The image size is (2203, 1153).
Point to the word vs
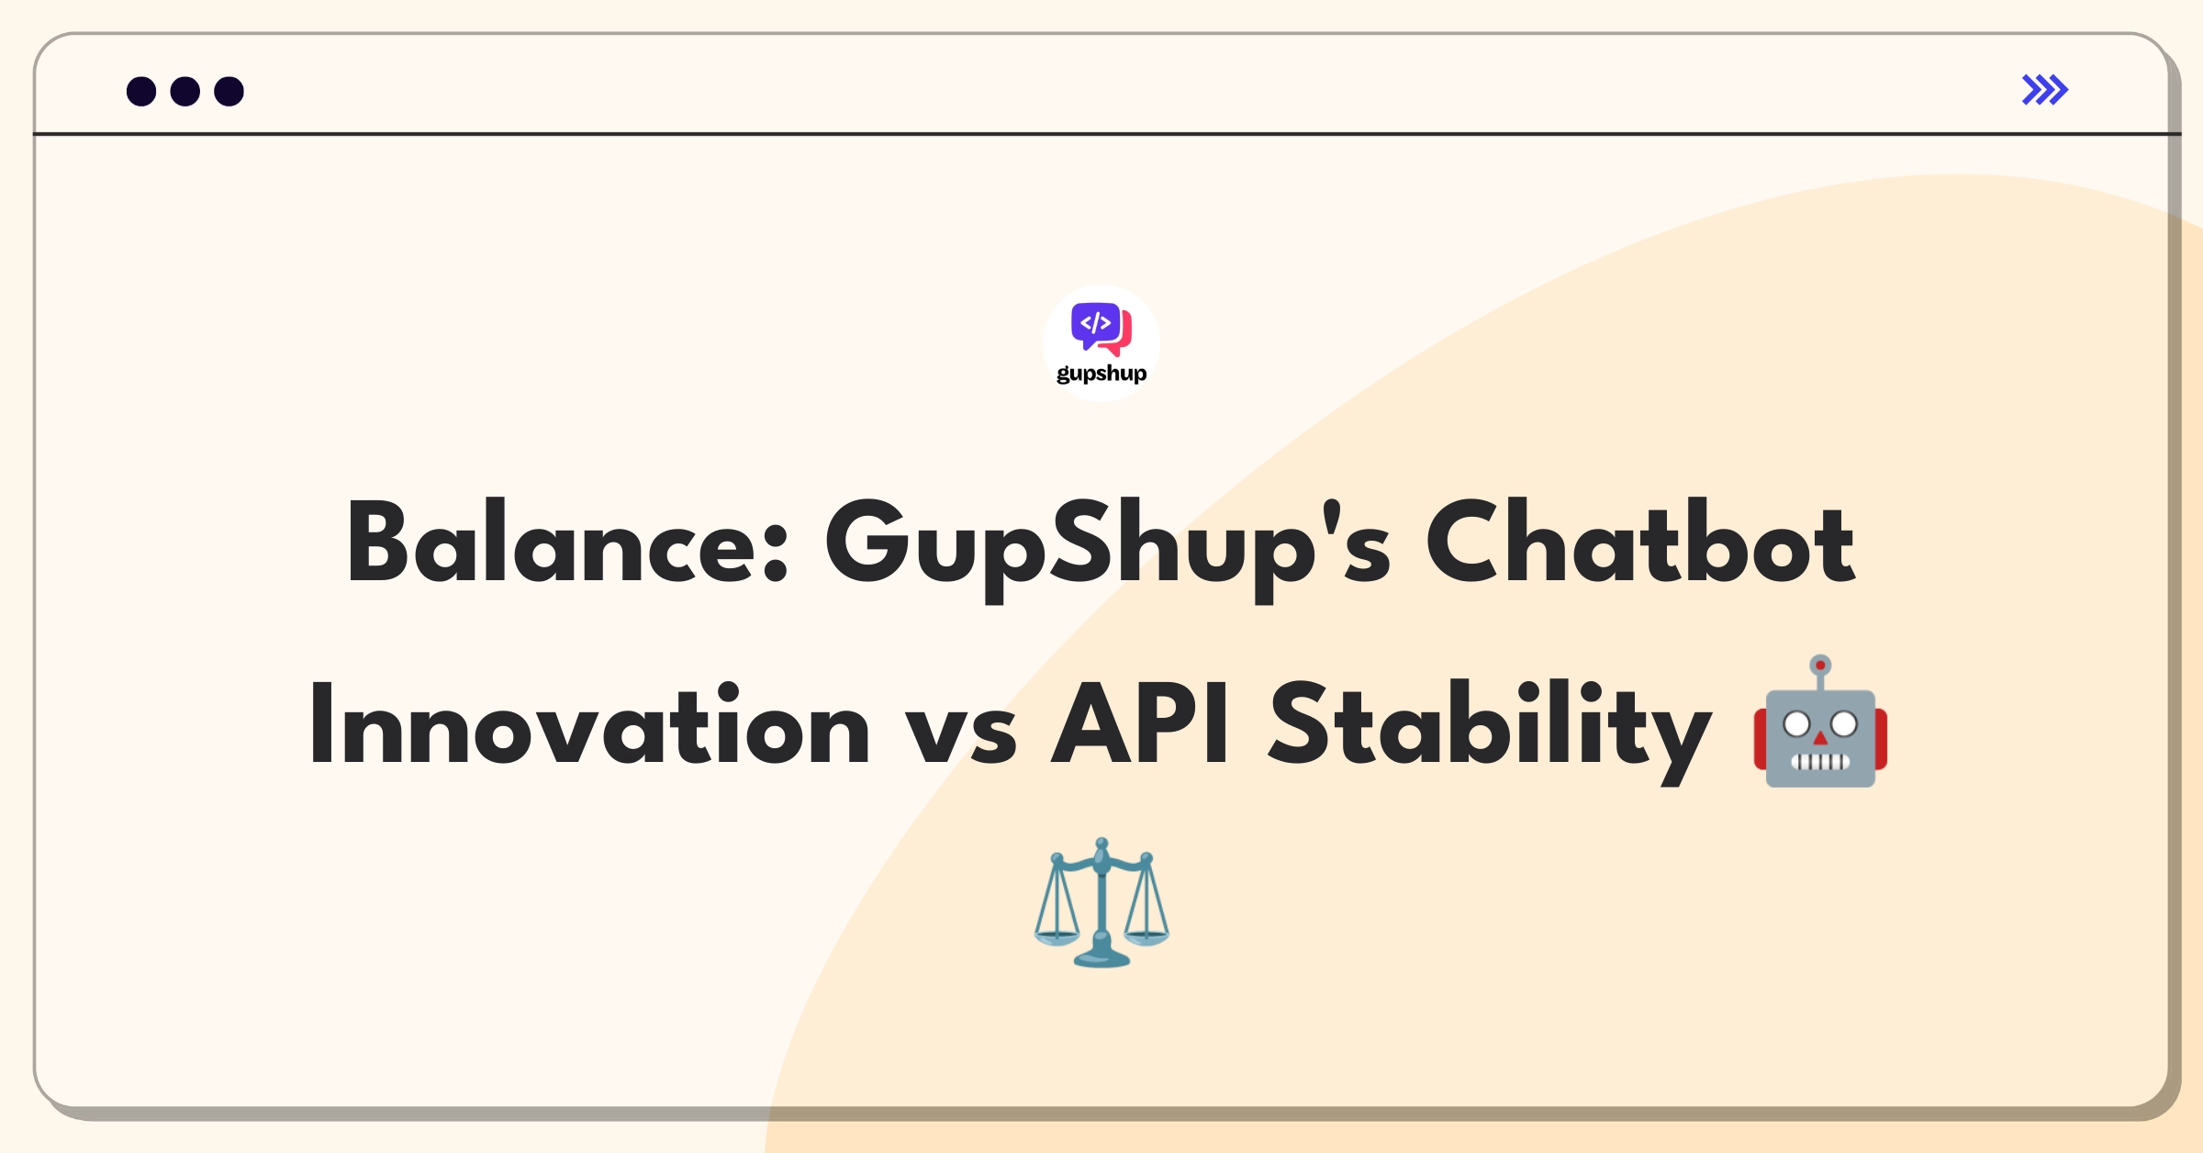tap(961, 737)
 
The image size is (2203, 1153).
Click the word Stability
tap(1489, 732)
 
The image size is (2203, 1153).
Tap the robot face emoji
tap(1820, 722)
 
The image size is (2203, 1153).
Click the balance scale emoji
tap(1101, 902)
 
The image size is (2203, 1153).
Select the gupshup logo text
tap(1101, 374)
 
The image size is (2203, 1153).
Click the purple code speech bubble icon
tap(1096, 325)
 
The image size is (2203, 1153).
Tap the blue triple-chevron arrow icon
tap(2045, 90)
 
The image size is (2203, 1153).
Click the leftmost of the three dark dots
tap(141, 91)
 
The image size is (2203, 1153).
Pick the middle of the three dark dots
tap(185, 91)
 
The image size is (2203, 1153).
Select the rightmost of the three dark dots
tap(229, 91)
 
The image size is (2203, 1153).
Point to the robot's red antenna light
tap(1820, 666)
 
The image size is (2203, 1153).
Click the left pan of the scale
tap(1057, 937)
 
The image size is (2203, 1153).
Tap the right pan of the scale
tap(1146, 937)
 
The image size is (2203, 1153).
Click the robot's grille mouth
tap(1820, 761)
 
